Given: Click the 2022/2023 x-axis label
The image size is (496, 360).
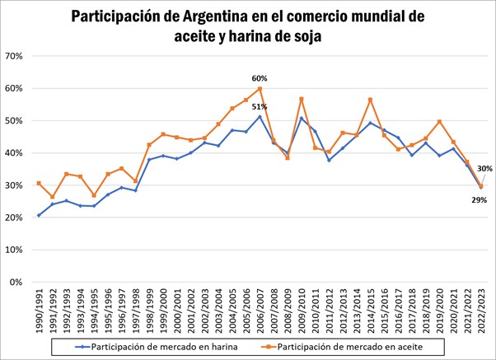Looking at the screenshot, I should (481, 306).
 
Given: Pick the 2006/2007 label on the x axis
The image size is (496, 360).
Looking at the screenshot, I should (260, 306).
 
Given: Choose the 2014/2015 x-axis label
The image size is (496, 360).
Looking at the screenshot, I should (371, 306).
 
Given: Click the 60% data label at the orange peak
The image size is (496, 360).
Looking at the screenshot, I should (260, 78).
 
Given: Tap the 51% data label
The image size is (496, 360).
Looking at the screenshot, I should (260, 106).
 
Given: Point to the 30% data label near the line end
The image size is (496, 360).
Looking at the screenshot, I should (484, 169).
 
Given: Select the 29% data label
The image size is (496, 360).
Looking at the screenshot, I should (479, 199).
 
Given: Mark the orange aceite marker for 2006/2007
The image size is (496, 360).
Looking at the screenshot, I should (260, 89).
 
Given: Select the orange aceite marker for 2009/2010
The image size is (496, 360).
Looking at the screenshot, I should (302, 99).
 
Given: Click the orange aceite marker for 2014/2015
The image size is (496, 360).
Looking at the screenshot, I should (371, 100).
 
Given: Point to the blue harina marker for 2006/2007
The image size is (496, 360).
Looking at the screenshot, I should (260, 116).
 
